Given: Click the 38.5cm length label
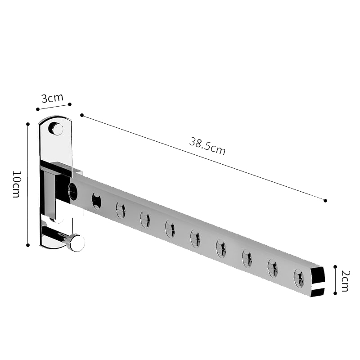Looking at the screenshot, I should coord(207,147).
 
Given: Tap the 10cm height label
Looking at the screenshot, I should coord(16,184).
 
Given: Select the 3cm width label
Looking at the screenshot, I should coord(52,98).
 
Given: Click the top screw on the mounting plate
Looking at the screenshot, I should coord(56,129).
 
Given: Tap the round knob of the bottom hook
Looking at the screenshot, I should coord(77,243).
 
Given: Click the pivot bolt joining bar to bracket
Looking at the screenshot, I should coord(72,192).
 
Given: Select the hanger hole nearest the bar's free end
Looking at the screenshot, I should coord(299,278).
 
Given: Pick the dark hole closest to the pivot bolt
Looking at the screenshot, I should coord(96,201).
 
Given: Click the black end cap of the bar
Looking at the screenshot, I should coord(318,281).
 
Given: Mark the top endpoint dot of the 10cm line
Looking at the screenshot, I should coord(28,123).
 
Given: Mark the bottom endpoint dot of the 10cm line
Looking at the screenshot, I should coord(28,245).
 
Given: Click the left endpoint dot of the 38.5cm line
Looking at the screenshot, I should coord(81,115).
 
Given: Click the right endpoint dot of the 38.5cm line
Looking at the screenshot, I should coord(325,200).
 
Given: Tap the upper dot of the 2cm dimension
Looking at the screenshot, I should coord(335,267).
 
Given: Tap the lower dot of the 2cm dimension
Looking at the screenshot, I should coord(335,293).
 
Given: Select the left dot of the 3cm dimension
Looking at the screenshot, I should coord(37,108).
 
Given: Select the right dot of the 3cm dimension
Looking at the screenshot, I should coord(69,104).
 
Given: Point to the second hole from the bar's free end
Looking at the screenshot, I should coord(273,269).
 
